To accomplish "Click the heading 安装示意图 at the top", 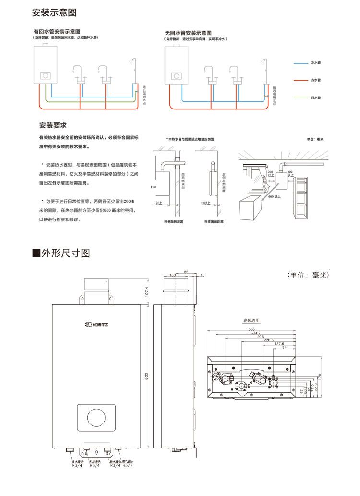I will (x=54, y=12).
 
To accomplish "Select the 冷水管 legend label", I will (x=315, y=63).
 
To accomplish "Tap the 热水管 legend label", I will (x=315, y=80).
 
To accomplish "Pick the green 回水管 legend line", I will (x=300, y=97).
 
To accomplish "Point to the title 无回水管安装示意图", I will (x=188, y=32).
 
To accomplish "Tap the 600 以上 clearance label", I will (x=275, y=196).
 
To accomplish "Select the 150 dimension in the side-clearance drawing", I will (x=153, y=186).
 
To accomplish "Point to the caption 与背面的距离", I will (x=214, y=222).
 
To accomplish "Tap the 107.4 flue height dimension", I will (x=147, y=291).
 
